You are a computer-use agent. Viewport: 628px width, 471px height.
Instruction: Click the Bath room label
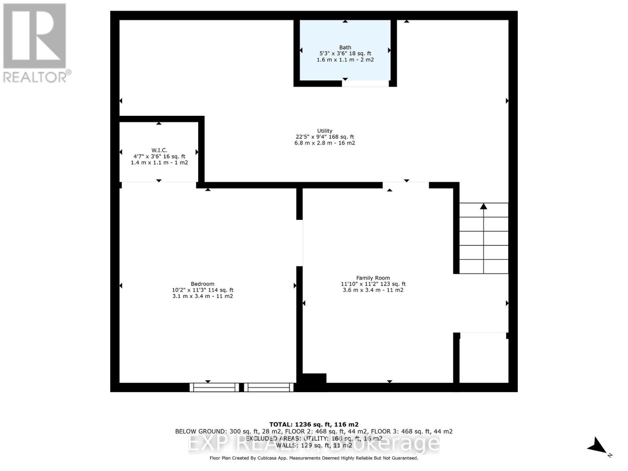[345, 47]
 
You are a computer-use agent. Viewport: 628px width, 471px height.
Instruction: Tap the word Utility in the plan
[325, 131]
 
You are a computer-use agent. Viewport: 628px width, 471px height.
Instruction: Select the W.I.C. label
[159, 150]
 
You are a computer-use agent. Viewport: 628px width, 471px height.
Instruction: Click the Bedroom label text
[203, 284]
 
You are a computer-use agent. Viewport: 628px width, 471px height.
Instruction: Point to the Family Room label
[373, 278]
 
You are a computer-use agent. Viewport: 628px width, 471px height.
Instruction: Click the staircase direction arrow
[484, 206]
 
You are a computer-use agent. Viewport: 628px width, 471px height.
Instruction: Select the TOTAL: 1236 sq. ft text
[314, 424]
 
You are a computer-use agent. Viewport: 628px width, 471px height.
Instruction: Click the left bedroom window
[214, 387]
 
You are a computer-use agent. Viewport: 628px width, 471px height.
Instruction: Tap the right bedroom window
[269, 387]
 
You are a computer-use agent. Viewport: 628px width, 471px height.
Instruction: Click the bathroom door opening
[365, 84]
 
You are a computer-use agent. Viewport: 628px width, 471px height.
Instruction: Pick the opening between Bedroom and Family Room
[299, 243]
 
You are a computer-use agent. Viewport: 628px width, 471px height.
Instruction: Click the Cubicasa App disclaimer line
[314, 458]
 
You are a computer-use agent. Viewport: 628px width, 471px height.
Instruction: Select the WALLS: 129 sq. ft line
[314, 445]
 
